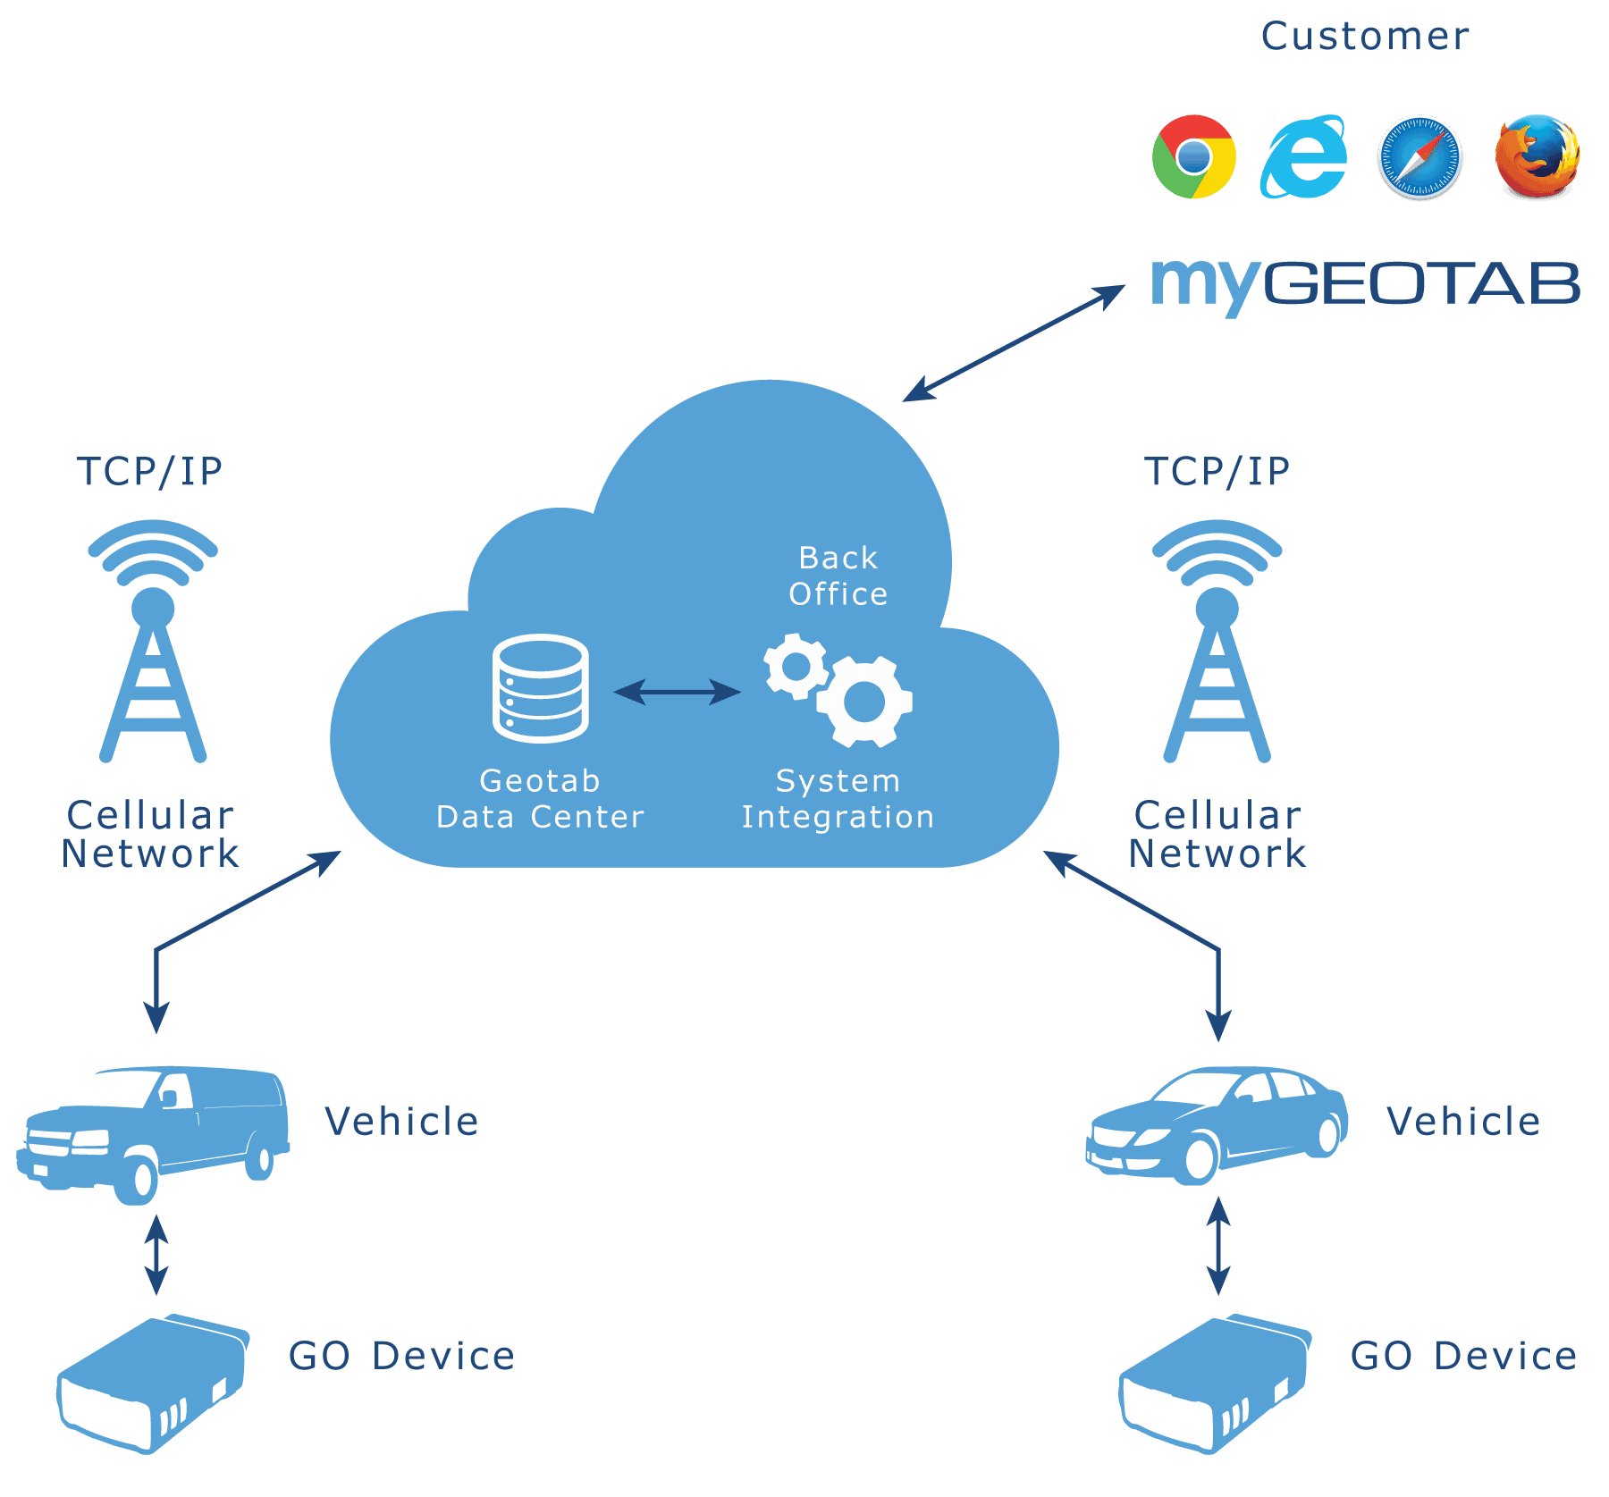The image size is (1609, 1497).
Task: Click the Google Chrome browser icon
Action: (1194, 156)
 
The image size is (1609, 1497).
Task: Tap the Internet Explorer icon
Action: (1303, 156)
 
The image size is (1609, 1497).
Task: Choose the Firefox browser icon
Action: (1537, 156)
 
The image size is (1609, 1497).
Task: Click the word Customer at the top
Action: (1365, 37)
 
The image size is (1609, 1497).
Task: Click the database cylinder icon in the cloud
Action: (541, 687)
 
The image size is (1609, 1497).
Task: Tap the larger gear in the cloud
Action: (864, 702)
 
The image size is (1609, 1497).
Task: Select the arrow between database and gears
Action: (678, 692)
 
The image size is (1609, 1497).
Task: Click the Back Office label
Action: (838, 576)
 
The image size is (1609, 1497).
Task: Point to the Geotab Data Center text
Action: (540, 799)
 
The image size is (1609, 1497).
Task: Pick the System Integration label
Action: (838, 799)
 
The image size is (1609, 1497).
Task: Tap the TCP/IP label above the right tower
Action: (1217, 471)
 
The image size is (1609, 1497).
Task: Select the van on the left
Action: (153, 1133)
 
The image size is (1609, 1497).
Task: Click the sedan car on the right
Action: (1217, 1124)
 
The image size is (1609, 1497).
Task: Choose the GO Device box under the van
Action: (153, 1383)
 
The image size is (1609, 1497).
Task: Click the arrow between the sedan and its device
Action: (1218, 1246)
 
